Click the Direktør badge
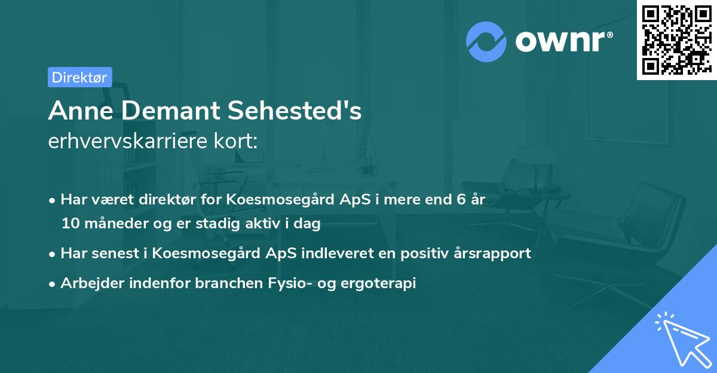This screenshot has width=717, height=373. pyautogui.click(x=79, y=77)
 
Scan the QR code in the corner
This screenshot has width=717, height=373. pyautogui.click(x=676, y=39)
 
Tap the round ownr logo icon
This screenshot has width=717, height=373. pyautogui.click(x=486, y=41)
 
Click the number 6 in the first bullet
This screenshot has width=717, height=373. pyautogui.click(x=461, y=200)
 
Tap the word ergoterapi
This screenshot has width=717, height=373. pyautogui.click(x=379, y=283)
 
